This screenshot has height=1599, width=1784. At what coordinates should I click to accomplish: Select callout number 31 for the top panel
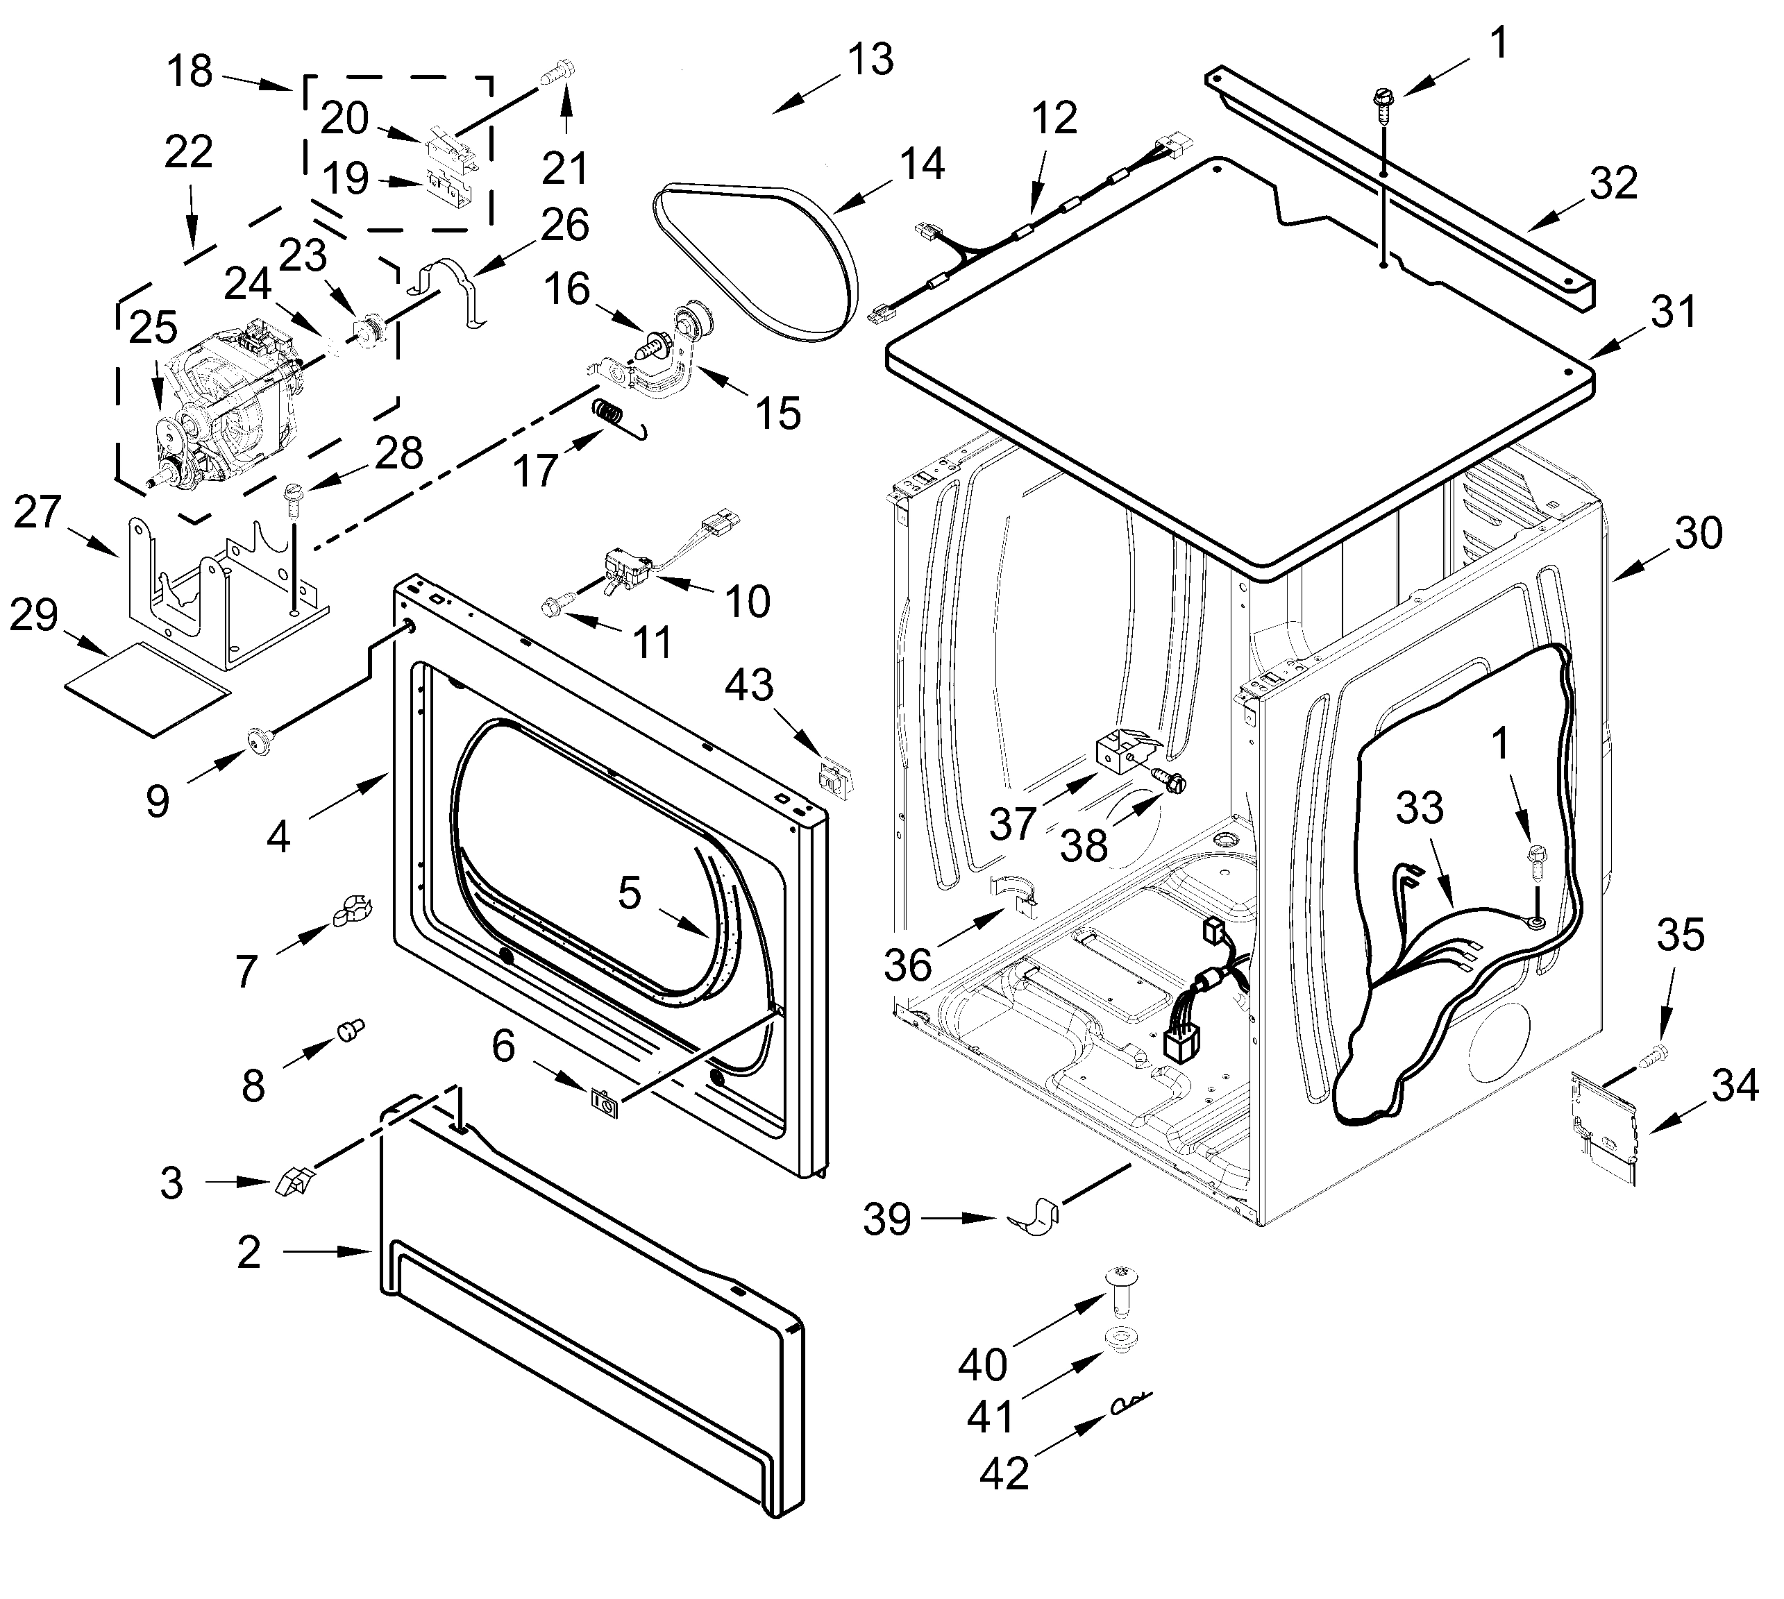click(x=1672, y=312)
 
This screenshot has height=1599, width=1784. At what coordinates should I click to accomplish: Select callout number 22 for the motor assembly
click(x=188, y=152)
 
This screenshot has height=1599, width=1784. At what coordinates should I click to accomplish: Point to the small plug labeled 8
click(x=350, y=1030)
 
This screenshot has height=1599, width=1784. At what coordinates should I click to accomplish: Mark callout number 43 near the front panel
click(x=749, y=685)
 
